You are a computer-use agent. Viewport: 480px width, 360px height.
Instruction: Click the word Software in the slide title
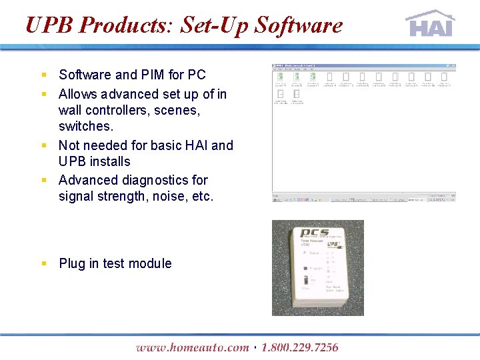click(x=299, y=25)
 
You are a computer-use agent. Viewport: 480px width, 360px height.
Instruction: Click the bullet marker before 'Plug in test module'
click(x=44, y=263)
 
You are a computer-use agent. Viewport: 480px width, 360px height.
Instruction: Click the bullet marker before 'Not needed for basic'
click(x=44, y=145)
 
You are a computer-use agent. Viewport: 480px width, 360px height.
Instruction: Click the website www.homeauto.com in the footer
click(x=192, y=347)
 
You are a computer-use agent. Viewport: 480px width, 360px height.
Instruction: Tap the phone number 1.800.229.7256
click(x=300, y=347)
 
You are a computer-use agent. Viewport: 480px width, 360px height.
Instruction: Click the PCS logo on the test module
click(x=315, y=234)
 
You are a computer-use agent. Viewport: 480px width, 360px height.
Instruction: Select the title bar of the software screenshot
click(x=364, y=66)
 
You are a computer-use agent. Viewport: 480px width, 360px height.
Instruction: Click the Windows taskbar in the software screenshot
click(x=364, y=199)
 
